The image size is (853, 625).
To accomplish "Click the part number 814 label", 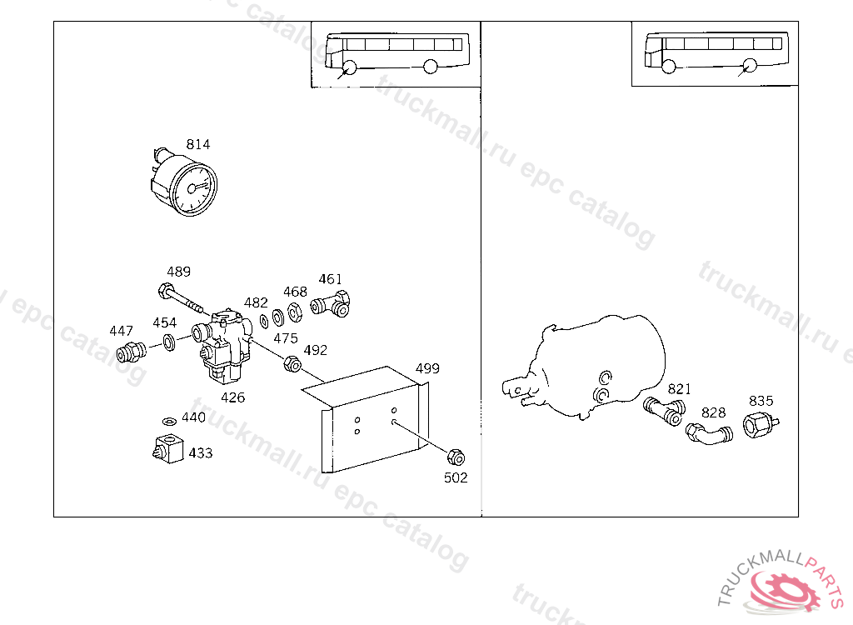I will [198, 144].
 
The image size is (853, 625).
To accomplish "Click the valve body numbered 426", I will [226, 347].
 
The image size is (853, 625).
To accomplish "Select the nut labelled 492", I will [292, 363].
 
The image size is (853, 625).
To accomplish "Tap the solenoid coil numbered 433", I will [168, 450].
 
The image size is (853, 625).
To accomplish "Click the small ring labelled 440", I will [169, 421].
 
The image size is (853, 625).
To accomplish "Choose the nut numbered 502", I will [455, 457].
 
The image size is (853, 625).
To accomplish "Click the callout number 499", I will [427, 368].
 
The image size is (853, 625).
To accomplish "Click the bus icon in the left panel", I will [392, 53].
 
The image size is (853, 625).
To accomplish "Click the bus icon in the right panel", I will [715, 53].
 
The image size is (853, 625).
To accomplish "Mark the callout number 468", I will [295, 292].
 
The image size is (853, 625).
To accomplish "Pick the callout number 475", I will [286, 337].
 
